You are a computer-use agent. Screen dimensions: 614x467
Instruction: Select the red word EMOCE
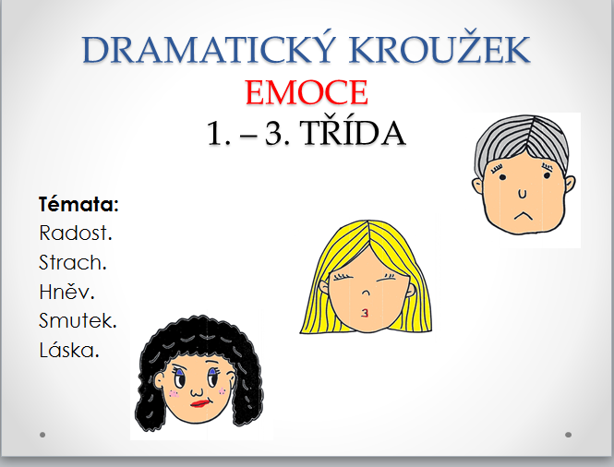[307, 92]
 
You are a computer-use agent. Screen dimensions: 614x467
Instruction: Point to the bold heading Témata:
[78, 204]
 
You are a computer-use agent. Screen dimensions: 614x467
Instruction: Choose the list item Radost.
[76, 233]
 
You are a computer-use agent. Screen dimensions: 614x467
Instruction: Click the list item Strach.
[73, 262]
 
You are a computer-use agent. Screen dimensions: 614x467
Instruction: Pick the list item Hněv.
[66, 292]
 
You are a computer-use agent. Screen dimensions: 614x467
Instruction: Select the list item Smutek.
[78, 320]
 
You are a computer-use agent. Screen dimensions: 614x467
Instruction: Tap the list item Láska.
[69, 349]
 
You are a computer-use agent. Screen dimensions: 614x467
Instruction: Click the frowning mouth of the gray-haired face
[524, 215]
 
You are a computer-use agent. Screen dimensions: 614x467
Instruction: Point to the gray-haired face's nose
[522, 193]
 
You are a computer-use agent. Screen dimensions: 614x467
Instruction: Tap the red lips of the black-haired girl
[200, 403]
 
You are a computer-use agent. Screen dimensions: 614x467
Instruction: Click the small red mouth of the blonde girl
[365, 313]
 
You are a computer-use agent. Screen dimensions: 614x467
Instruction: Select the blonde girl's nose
[366, 293]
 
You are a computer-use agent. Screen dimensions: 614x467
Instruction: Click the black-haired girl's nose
[197, 390]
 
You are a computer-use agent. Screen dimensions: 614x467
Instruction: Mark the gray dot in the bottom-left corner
[42, 435]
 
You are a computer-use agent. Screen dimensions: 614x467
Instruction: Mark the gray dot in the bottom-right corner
[568, 435]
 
